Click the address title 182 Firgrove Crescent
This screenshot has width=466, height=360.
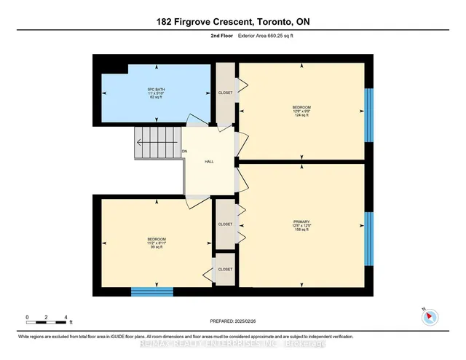click(x=232, y=21)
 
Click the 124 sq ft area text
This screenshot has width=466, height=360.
click(x=301, y=115)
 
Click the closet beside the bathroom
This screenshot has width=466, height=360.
click(x=225, y=93)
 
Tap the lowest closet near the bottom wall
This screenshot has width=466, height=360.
click(x=225, y=269)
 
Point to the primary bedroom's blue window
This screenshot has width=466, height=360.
click(x=368, y=240)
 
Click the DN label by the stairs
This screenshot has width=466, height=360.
click(x=185, y=151)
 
